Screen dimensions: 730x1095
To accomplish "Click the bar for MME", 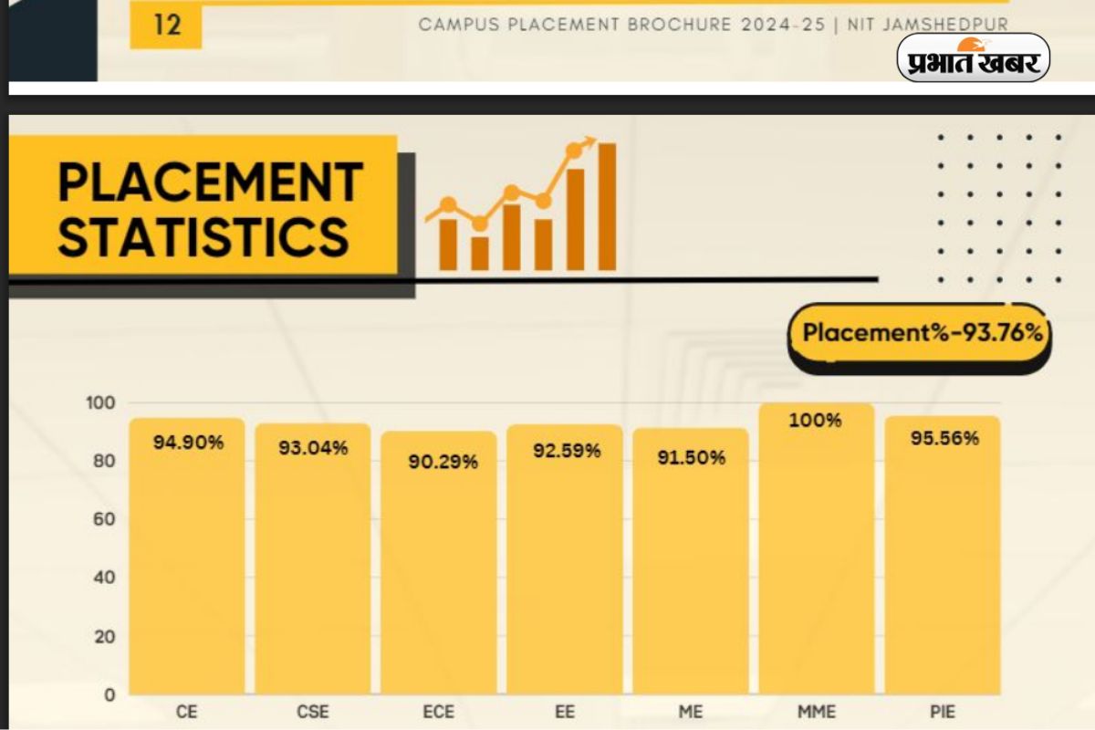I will (816, 557).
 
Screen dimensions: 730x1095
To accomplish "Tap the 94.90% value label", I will (188, 443).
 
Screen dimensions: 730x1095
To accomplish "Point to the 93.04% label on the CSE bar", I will (313, 448).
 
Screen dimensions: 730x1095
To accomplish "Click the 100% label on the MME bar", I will (816, 421).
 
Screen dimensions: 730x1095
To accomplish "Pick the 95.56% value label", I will (944, 438).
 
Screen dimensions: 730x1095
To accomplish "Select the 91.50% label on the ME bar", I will (691, 458).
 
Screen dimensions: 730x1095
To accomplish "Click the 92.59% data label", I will (566, 451).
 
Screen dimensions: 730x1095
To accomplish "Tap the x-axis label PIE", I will (943, 712).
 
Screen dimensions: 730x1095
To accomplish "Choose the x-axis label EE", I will (565, 712).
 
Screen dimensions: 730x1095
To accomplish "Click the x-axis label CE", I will (186, 712).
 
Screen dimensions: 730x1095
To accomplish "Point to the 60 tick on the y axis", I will (105, 519).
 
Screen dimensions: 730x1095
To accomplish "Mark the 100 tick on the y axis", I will (102, 403).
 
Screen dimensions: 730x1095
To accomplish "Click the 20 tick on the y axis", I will (105, 637).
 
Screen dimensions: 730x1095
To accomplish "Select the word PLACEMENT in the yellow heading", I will (211, 181).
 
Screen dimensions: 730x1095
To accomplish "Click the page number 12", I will (167, 24).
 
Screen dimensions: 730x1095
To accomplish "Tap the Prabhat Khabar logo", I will (973, 58).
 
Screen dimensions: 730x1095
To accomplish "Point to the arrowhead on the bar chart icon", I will (589, 141).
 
